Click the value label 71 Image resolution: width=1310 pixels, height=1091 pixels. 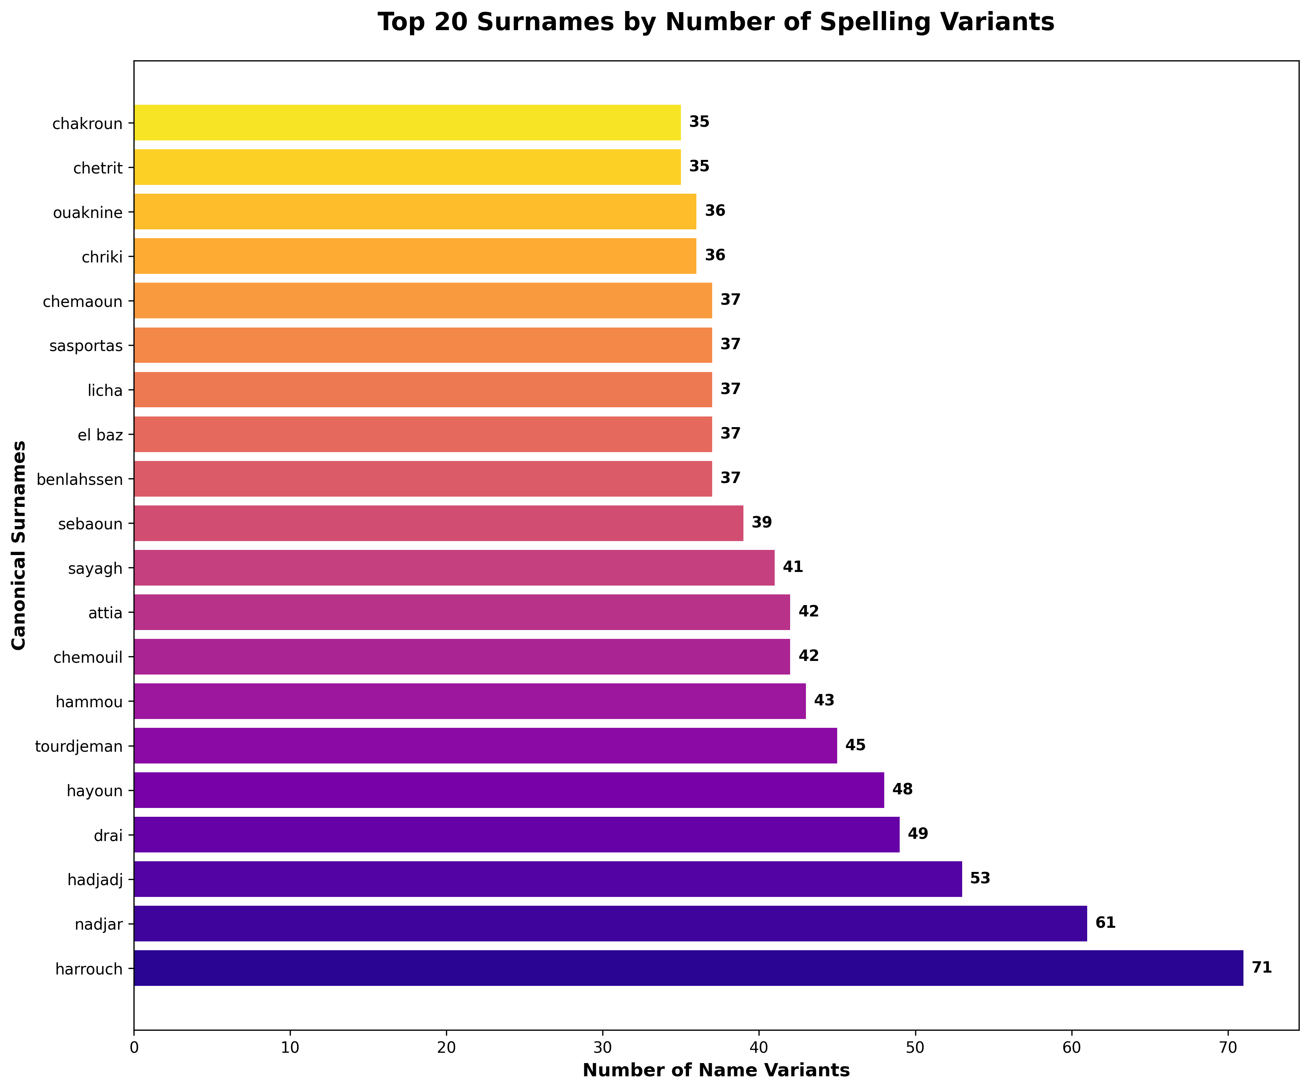[x=1261, y=968]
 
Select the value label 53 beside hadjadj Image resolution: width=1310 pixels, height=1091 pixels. [x=980, y=879]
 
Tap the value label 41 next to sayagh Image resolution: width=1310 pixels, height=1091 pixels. [x=793, y=567]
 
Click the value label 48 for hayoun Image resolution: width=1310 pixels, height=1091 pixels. [x=902, y=790]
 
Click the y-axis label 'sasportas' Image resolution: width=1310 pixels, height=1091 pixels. [x=86, y=346]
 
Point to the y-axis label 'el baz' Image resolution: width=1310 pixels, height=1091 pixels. [x=100, y=435]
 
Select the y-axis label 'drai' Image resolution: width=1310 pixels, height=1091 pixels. [x=108, y=835]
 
